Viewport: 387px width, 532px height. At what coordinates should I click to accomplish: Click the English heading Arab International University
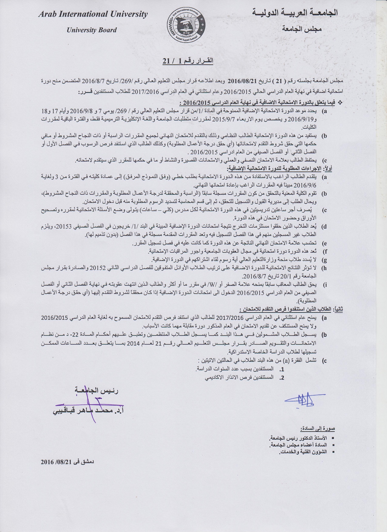pyautogui.click(x=93, y=14)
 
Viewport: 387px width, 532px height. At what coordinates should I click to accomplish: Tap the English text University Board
pyautogui.click(x=92, y=30)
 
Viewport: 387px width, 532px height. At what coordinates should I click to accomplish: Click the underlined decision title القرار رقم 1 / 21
pyautogui.click(x=188, y=61)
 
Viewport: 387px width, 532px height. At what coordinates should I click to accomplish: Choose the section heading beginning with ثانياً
pyautogui.click(x=291, y=309)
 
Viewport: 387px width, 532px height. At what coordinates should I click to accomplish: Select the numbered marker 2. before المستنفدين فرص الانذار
pyautogui.click(x=282, y=377)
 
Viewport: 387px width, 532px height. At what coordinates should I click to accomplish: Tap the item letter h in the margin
pyautogui.click(x=325, y=268)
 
